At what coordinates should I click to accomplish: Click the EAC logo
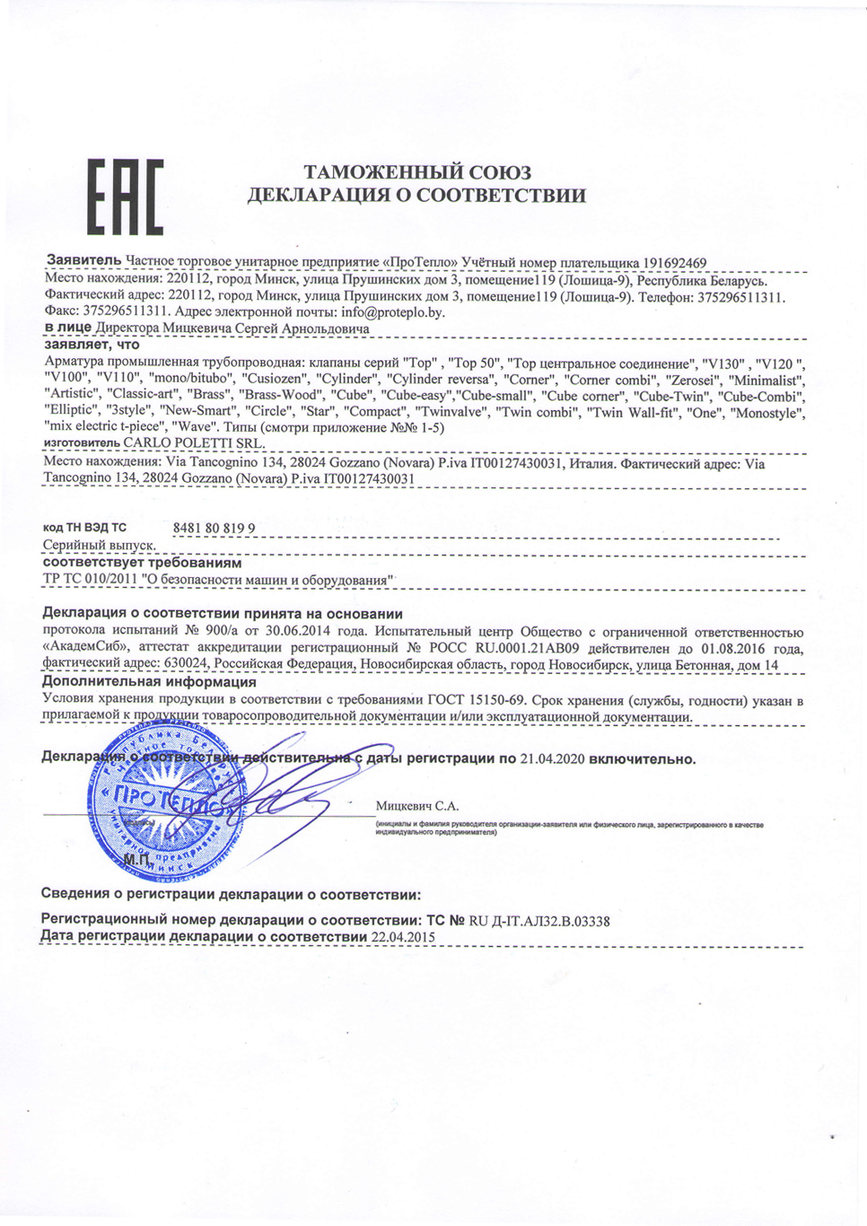pos(125,197)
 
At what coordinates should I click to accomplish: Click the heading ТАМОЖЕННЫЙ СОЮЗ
pos(417,172)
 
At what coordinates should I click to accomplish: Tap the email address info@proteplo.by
pos(393,312)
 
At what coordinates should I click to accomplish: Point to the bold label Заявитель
pos(83,260)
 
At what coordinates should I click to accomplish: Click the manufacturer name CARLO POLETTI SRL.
pos(194,443)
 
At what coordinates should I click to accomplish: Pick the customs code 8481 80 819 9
pos(214,528)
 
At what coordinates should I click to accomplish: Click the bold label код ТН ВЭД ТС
pos(84,528)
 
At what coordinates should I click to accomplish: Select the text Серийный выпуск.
pos(100,545)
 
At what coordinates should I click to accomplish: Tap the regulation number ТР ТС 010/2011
pos(88,580)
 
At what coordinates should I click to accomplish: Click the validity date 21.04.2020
pos(552,759)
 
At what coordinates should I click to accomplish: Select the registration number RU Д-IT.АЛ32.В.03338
pos(539,921)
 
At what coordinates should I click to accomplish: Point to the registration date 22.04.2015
pos(403,937)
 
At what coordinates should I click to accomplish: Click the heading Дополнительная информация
pos(149,682)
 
